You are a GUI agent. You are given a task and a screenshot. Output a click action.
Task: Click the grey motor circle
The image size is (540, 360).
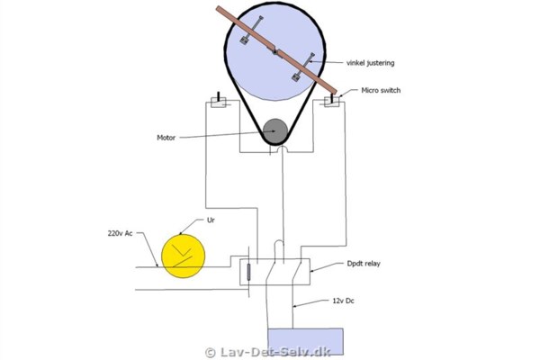click(275, 131)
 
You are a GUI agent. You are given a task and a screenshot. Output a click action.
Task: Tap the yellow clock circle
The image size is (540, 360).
click(184, 256)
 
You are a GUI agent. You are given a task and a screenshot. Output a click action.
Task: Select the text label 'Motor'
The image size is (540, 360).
click(166, 138)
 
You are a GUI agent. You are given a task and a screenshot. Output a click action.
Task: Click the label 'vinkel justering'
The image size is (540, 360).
click(370, 63)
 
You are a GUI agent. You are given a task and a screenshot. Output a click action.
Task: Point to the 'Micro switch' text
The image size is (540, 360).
click(381, 90)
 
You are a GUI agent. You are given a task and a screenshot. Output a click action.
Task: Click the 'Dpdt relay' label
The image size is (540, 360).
click(364, 264)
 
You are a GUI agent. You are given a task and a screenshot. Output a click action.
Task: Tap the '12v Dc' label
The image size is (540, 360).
click(343, 301)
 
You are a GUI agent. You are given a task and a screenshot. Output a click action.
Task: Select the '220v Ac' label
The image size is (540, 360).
click(120, 233)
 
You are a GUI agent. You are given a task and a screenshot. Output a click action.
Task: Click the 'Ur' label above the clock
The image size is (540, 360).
click(211, 220)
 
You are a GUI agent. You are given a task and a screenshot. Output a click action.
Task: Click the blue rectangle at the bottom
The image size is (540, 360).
click(305, 341)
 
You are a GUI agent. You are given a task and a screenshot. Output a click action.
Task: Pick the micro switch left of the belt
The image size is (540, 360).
click(219, 101)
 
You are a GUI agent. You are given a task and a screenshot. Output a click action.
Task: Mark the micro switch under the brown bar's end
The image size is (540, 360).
click(332, 102)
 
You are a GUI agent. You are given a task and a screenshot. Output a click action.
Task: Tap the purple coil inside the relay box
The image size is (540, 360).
click(248, 272)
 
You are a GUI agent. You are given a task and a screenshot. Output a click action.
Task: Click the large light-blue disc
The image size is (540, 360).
click(274, 51)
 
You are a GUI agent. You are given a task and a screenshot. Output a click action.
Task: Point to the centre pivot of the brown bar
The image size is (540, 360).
click(274, 52)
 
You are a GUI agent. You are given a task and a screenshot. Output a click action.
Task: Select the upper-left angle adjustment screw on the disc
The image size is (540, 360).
click(251, 31)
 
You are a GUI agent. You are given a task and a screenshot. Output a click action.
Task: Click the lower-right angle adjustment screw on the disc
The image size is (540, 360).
click(303, 67)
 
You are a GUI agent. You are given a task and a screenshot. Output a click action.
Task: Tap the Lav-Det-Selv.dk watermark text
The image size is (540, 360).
click(275, 352)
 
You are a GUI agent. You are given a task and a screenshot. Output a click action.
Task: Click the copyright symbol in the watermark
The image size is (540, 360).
click(210, 353)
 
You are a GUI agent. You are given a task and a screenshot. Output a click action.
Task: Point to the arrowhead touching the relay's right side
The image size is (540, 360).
click(312, 271)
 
